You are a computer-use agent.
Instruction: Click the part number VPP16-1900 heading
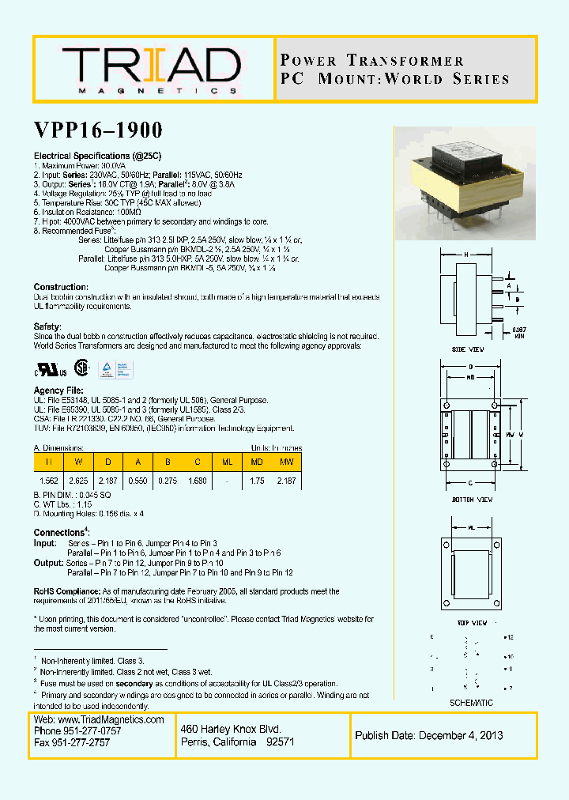click(x=98, y=130)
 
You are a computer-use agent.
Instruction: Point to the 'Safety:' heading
click(x=48, y=326)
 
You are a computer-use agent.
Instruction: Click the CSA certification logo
click(x=81, y=368)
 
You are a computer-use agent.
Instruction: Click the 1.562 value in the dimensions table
click(x=49, y=480)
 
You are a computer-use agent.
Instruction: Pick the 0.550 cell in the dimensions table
click(x=139, y=480)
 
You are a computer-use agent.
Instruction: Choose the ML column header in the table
click(x=228, y=461)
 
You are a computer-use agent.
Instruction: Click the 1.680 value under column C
click(x=198, y=480)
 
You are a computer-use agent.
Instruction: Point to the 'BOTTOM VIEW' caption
click(x=473, y=500)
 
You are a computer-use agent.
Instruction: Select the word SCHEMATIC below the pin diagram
click(x=471, y=703)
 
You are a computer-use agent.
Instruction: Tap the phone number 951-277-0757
click(x=96, y=731)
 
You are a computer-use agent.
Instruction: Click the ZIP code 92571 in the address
click(x=281, y=742)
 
